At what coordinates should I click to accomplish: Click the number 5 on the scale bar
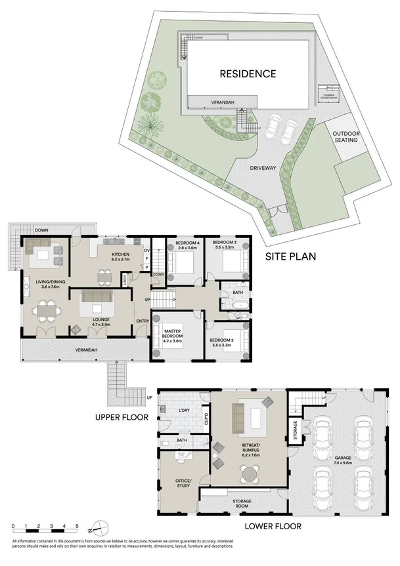tap(78, 527)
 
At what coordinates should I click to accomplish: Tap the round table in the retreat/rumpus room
tap(249, 473)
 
